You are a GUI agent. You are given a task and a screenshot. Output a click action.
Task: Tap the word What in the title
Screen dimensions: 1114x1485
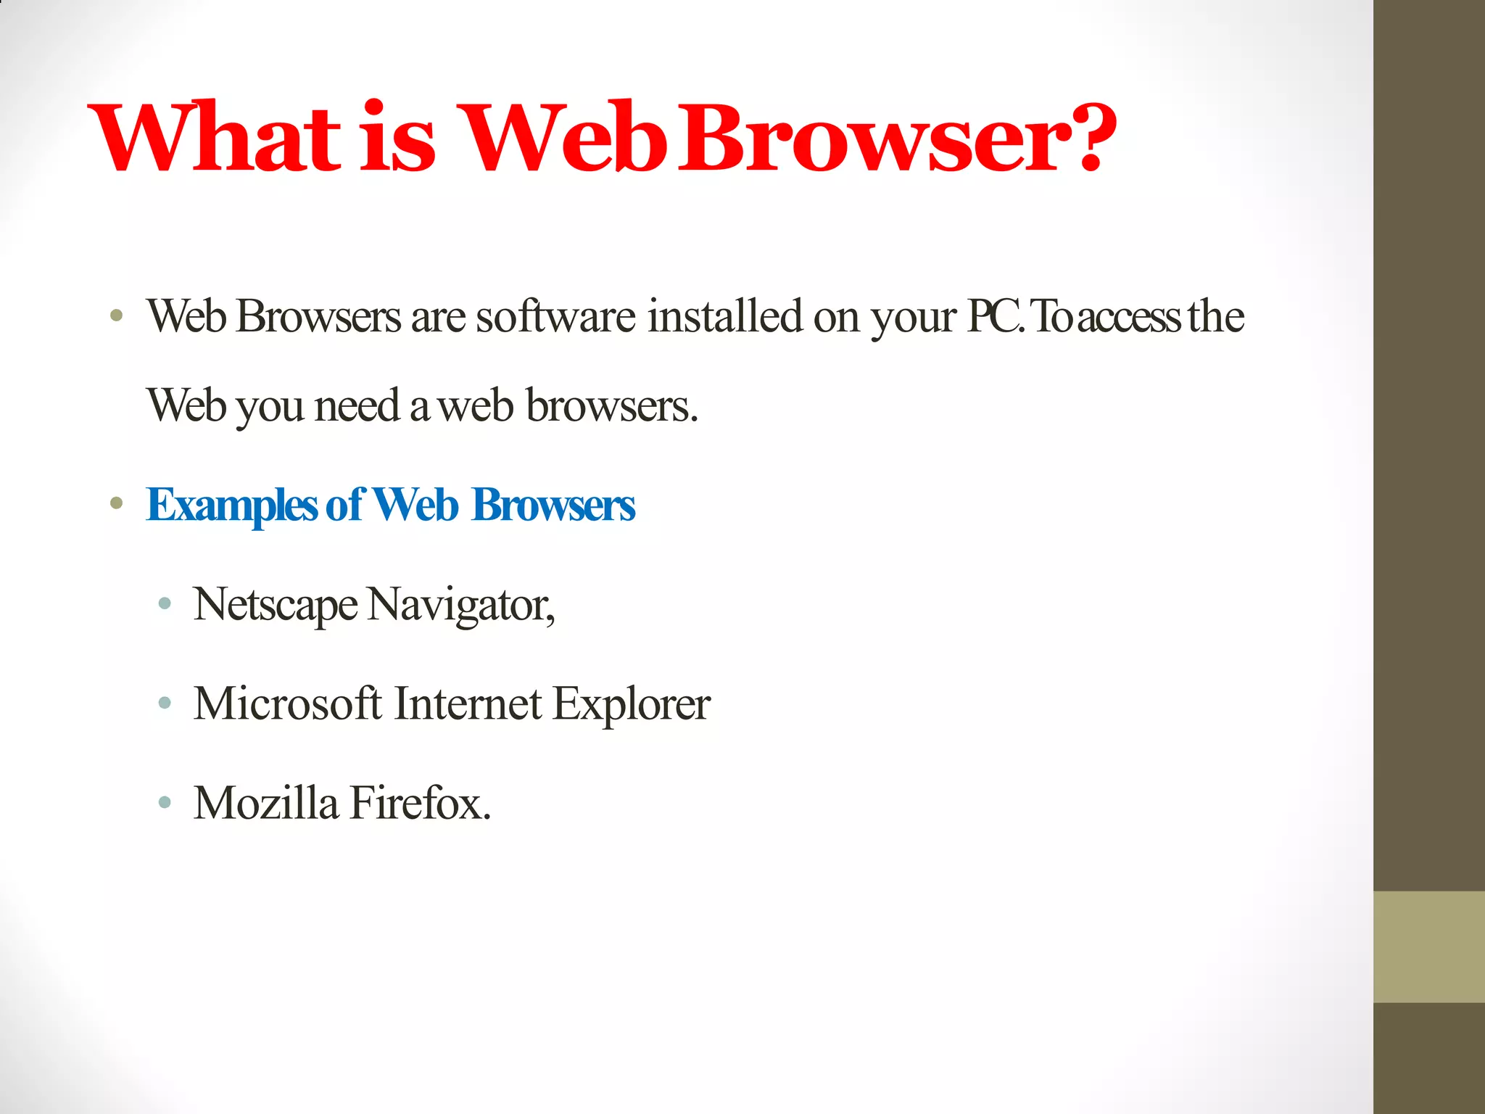(x=215, y=138)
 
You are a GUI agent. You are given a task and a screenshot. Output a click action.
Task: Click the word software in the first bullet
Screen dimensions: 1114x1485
(x=555, y=317)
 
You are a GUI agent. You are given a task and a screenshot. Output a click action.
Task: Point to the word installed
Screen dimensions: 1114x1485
(x=724, y=317)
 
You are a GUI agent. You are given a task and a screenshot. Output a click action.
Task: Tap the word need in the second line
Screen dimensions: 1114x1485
(x=357, y=405)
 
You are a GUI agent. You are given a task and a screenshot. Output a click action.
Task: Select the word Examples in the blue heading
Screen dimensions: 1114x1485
(x=231, y=506)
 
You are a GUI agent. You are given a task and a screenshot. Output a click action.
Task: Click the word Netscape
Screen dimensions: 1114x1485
(x=276, y=605)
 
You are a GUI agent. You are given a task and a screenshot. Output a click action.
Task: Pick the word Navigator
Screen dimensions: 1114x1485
(x=460, y=605)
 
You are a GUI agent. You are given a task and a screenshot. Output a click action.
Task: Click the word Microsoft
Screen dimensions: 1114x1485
(x=287, y=704)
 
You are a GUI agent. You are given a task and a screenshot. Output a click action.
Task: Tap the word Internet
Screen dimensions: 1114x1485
(x=468, y=704)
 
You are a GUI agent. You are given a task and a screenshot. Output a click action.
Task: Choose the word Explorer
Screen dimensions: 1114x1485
(x=631, y=704)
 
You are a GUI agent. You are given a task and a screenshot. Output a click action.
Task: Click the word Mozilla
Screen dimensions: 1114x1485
(x=266, y=804)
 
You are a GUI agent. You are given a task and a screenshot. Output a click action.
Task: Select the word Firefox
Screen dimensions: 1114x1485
(x=421, y=804)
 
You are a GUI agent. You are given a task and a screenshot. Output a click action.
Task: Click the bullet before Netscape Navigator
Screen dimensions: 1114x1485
(x=165, y=603)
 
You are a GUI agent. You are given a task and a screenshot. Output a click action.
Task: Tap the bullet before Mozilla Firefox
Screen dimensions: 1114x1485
(x=165, y=802)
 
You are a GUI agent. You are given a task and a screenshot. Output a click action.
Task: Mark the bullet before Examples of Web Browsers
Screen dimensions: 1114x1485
(x=116, y=503)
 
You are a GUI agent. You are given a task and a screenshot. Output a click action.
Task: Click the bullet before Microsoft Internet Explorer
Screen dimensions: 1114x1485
(x=165, y=702)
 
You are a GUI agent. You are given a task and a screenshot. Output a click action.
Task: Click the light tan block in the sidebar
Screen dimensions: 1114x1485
(x=1428, y=946)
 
